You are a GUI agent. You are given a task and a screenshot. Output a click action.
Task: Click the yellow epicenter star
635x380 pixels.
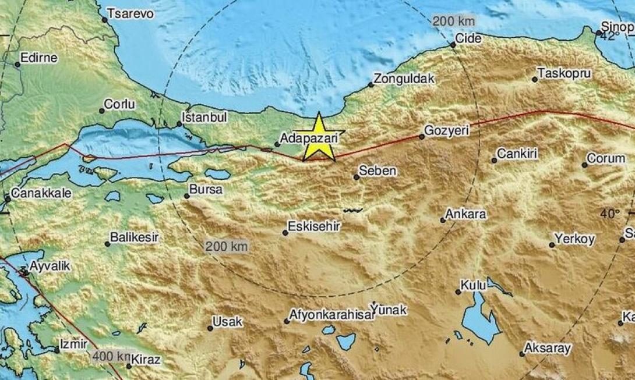(x=319, y=138)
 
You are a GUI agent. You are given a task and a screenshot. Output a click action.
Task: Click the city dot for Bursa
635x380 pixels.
(x=187, y=196)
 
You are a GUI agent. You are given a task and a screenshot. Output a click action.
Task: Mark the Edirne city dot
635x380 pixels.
(x=17, y=65)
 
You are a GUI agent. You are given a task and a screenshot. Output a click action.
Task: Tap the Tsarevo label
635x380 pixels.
(x=130, y=14)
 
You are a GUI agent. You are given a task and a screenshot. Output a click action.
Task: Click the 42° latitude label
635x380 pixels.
(x=610, y=37)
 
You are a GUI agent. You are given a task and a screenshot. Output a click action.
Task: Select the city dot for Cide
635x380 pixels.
(x=453, y=45)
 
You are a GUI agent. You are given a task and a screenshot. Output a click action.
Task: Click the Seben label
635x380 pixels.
(x=378, y=171)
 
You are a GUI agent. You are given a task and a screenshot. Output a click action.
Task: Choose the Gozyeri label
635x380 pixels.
(x=447, y=132)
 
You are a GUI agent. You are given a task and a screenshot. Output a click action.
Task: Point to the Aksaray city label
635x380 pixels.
(x=548, y=348)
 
